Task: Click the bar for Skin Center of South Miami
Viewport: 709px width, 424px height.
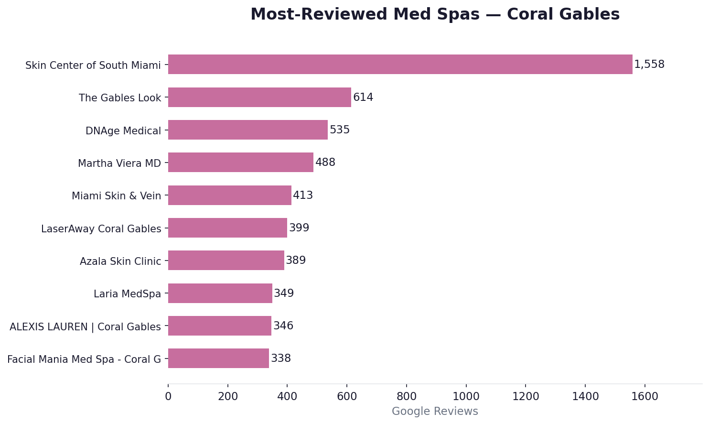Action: [400, 65]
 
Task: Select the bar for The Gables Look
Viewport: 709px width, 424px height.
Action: [259, 98]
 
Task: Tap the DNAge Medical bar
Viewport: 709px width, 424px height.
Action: [247, 130]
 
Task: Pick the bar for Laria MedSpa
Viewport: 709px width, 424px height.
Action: [220, 294]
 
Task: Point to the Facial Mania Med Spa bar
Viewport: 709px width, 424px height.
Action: [218, 359]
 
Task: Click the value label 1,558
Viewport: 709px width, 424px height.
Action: [649, 65]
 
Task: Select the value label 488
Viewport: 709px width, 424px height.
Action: [325, 163]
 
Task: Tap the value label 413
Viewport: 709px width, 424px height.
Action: [303, 196]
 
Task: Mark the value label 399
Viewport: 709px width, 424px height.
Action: [299, 228]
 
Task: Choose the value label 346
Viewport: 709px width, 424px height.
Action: [283, 326]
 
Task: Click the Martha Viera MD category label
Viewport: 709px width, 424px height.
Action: [119, 163]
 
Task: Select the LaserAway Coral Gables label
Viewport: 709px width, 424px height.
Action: [101, 229]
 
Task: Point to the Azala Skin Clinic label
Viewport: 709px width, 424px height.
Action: [120, 261]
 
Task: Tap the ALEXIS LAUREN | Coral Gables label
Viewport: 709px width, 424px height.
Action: [85, 327]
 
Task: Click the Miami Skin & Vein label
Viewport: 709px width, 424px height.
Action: [116, 196]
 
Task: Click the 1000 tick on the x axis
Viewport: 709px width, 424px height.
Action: [466, 397]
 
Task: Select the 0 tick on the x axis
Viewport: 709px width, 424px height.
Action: [168, 397]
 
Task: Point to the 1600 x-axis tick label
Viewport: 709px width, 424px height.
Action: [645, 397]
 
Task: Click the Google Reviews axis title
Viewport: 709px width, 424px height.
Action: [435, 412]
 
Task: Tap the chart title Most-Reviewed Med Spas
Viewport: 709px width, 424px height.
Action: [435, 15]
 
